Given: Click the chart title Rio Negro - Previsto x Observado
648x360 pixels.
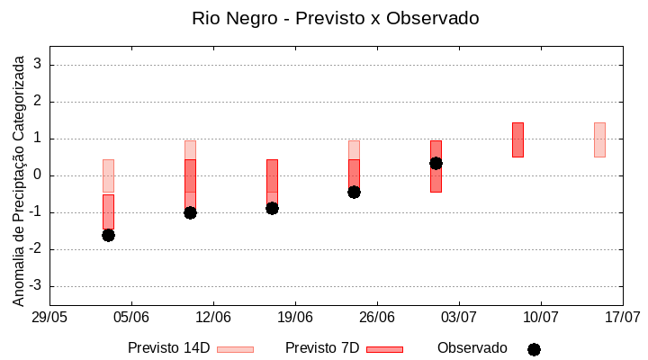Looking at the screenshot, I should (335, 18).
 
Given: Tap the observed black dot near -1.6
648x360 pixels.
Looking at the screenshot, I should (108, 235).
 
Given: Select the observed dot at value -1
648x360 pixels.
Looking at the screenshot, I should (190, 212).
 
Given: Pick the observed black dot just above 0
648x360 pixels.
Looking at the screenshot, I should (436, 163).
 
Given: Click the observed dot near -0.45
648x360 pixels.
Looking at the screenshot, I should (354, 192).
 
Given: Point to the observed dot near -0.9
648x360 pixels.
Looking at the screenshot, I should (272, 208).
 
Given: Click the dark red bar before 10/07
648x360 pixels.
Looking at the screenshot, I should (517, 139).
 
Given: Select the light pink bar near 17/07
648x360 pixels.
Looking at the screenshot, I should (599, 139).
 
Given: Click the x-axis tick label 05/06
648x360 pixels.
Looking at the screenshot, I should (131, 317).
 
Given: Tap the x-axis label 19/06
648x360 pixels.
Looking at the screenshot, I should (295, 317).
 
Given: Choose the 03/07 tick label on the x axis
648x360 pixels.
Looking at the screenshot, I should (459, 317).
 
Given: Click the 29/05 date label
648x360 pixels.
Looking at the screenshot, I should (49, 317).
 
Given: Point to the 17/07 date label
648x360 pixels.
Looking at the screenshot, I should (622, 317).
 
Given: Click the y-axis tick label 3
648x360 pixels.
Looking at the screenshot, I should (39, 65).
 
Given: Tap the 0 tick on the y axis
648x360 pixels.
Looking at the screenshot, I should (39, 175).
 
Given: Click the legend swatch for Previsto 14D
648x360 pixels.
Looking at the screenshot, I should (236, 349).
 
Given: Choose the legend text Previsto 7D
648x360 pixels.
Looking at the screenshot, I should (322, 348).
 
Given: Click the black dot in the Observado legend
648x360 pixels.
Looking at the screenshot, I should (534, 349).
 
